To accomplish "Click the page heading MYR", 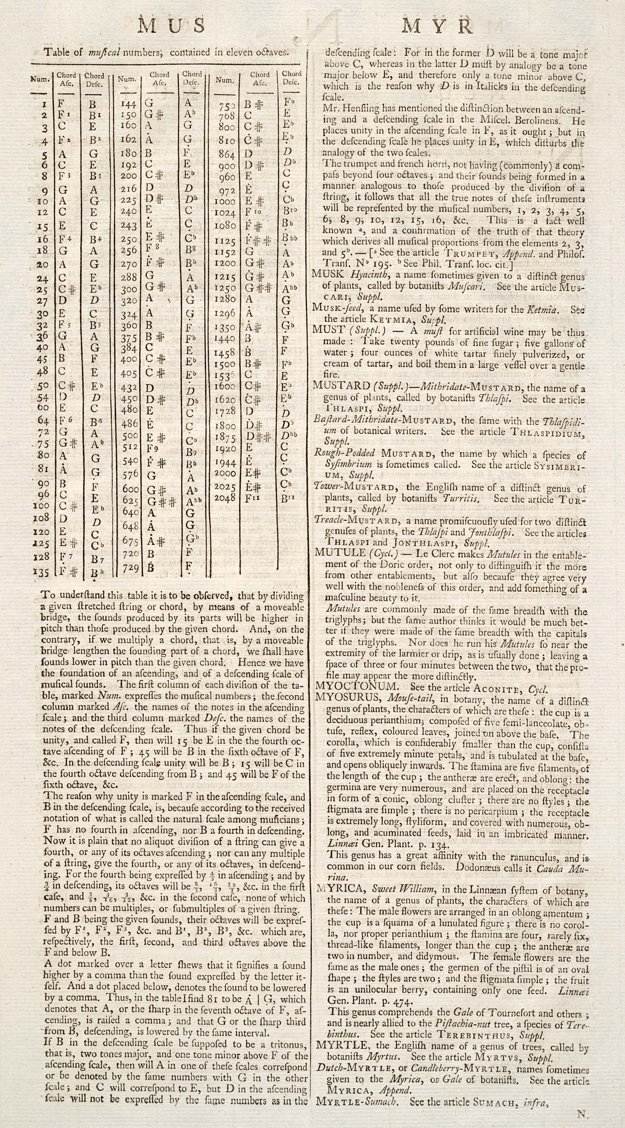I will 437,27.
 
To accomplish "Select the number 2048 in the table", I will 225,498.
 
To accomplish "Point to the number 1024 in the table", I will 225,213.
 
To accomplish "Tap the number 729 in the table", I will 130,568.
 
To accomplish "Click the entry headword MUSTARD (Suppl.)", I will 342,386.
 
